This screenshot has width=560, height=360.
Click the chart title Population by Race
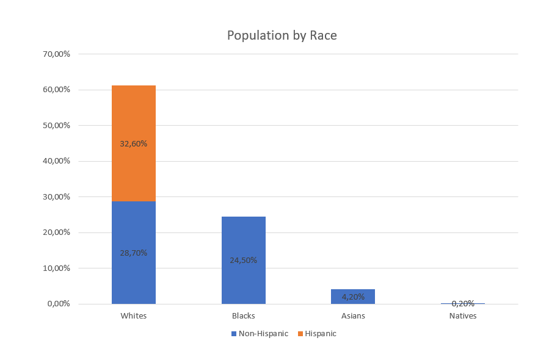tap(282, 35)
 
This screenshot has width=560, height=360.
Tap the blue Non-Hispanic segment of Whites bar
tap(133, 275)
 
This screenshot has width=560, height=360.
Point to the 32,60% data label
tap(134, 144)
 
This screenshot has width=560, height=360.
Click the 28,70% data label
tap(134, 253)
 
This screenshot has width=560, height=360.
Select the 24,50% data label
tap(243, 260)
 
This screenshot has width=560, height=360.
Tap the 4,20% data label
tap(353, 297)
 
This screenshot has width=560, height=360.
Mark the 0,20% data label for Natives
tap(463, 303)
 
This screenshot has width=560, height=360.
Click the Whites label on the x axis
tap(134, 316)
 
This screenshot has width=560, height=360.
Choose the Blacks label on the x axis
tap(243, 316)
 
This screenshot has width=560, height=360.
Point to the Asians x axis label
tap(353, 316)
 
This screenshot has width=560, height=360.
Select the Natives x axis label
tap(463, 316)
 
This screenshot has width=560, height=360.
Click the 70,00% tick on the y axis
tap(57, 54)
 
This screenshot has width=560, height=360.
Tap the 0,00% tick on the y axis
tap(59, 304)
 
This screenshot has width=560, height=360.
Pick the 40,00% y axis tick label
tap(57, 161)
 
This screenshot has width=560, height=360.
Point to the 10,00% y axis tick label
tap(57, 268)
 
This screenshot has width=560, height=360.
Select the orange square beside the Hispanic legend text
tap(300, 334)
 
